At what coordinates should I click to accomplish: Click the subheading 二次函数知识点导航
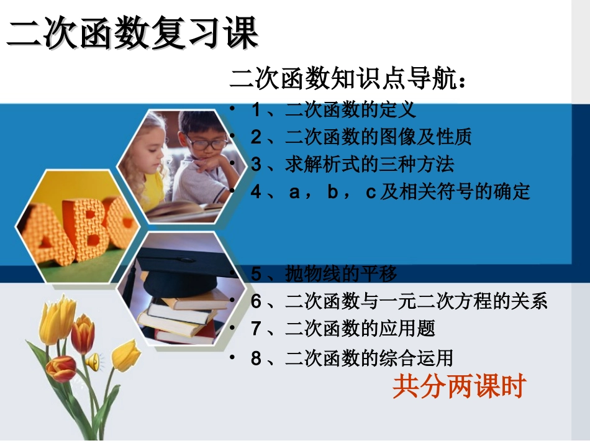[x=348, y=80]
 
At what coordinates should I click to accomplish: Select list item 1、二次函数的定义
[x=333, y=110]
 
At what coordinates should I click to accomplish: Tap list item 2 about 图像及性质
[x=361, y=137]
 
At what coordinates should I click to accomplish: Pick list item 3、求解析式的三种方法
[x=352, y=164]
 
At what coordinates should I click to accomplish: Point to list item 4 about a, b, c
[x=391, y=191]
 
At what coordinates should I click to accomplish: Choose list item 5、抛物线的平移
[x=324, y=273]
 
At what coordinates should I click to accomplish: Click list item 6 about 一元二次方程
[x=399, y=302]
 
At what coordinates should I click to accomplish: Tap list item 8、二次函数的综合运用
[x=352, y=358]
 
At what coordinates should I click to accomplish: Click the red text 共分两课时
[x=459, y=386]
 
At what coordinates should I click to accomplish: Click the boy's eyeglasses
[x=206, y=144]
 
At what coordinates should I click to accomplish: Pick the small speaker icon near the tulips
[x=93, y=361]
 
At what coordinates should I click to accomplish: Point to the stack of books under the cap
[x=180, y=317]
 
